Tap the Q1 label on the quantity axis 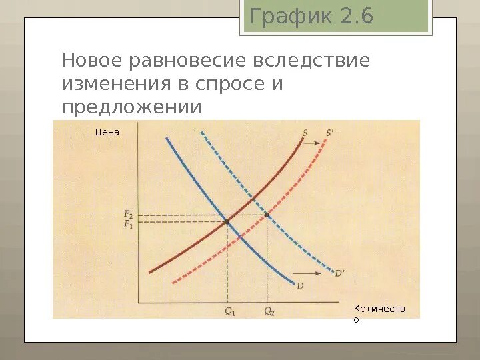(229, 311)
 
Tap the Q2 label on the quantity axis (269, 311)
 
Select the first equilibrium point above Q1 (227, 221)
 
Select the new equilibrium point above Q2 (267, 214)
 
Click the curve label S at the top (305, 132)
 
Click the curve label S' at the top (329, 132)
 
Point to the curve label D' (339, 273)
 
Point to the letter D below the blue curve (300, 286)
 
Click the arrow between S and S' (316, 133)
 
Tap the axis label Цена (107, 132)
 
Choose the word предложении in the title (131, 107)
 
